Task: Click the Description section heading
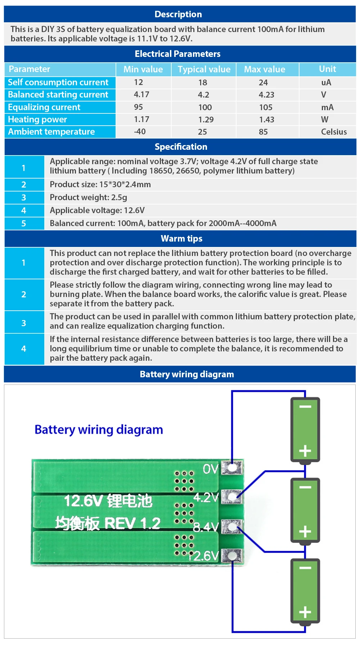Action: [178, 14]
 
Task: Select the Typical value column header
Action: [204, 69]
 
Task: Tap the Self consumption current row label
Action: [58, 82]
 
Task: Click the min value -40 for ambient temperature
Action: [140, 132]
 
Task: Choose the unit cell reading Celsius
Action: [334, 132]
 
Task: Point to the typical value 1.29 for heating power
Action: [206, 120]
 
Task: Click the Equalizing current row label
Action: [44, 107]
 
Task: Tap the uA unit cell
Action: [326, 82]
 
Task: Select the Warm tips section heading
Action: [181, 239]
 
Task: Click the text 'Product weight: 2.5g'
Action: [89, 197]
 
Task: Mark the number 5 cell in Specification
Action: [24, 223]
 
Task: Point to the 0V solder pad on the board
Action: [231, 468]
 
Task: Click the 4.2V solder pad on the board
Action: [231, 497]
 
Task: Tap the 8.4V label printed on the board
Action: [206, 527]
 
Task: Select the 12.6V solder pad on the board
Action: [231, 555]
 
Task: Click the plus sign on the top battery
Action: [305, 451]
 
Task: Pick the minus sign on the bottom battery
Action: [305, 568]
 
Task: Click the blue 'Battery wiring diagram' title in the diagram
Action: [99, 430]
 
